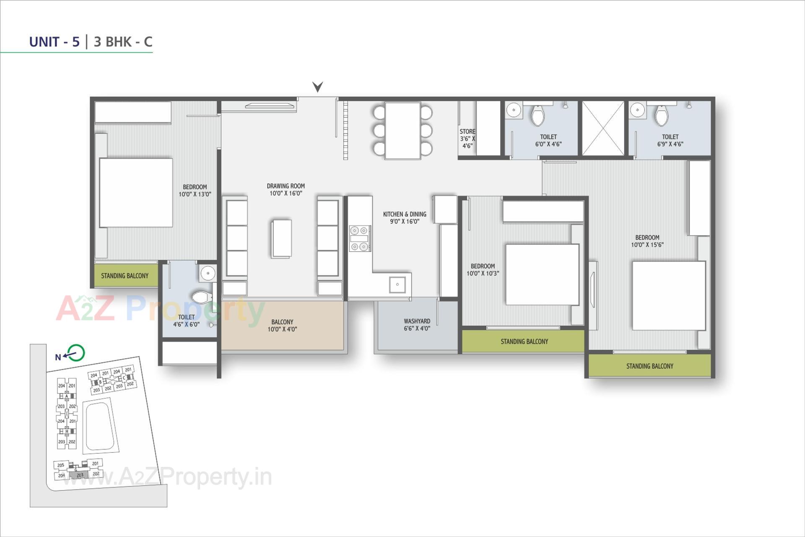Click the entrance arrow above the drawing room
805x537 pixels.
317,87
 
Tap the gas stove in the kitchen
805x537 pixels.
360,238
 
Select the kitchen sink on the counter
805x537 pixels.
397,284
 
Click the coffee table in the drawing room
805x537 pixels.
281,238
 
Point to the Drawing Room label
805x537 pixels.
286,190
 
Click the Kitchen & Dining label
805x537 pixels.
405,218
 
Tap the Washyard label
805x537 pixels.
417,325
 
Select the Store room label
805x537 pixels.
467,138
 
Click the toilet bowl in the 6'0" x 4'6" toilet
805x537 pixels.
538,115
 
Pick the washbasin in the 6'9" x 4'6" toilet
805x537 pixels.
637,110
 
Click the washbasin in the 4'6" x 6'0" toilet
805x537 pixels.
208,274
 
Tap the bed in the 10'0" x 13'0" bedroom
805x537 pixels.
136,193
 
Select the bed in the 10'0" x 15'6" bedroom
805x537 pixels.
669,296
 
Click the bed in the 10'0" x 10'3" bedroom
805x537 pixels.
542,274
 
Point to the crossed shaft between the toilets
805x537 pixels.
602,128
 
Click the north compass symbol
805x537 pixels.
75,353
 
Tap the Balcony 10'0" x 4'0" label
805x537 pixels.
282,326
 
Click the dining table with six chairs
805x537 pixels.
402,130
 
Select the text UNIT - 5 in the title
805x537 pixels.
54,42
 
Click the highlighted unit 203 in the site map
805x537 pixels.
80,475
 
